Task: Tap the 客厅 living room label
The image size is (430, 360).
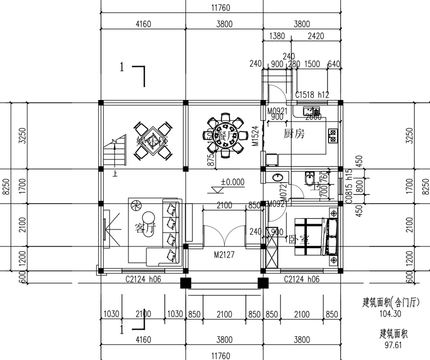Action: [x=145, y=228]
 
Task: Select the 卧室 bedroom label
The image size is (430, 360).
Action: [x=298, y=239]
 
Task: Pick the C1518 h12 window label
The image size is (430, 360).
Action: [x=312, y=95]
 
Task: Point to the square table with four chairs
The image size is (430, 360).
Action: [x=153, y=142]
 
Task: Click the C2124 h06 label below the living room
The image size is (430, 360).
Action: [x=144, y=279]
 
